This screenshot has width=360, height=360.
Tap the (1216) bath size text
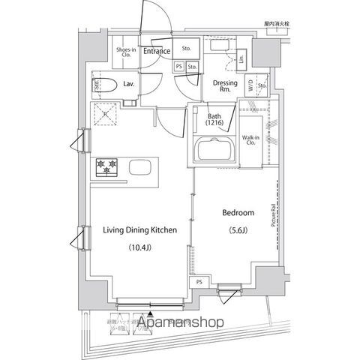point(214,124)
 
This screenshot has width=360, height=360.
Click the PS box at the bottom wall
point(199,282)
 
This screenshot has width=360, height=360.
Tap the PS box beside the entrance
point(178,66)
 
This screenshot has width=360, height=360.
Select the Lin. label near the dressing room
point(241,58)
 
